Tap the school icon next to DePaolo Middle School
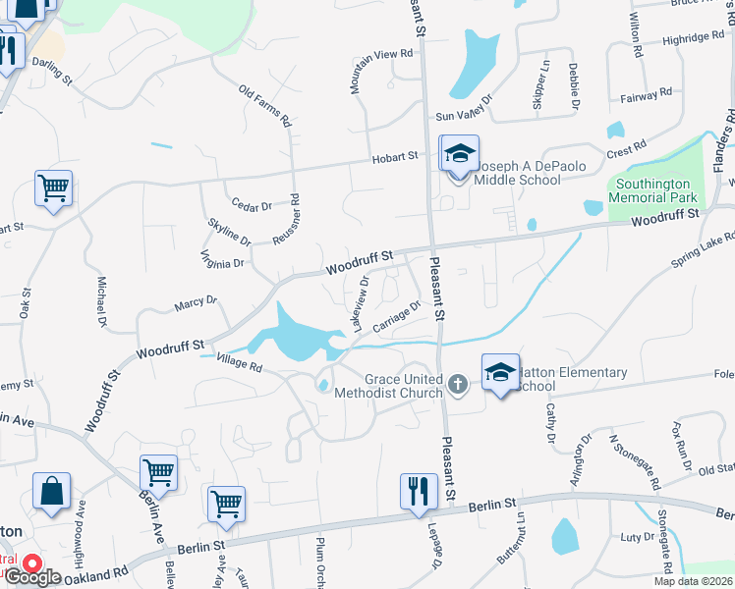coord(459,154)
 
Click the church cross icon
coord(457,383)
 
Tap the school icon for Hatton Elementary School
coord(501,372)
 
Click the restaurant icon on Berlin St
coord(419,491)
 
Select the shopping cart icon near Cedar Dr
coord(53,187)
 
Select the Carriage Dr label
coord(398,316)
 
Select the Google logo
coord(34,577)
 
